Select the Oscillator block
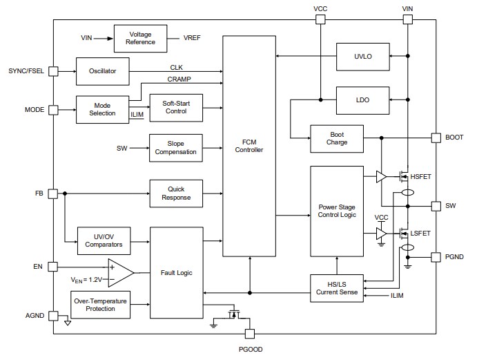101,71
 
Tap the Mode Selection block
101,109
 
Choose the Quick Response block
176,193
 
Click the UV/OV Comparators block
104,240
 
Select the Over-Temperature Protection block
101,304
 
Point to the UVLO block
362,56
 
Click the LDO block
362,100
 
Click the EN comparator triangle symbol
119,272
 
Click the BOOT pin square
436,138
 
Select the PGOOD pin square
249,334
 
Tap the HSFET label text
420,178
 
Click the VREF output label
193,37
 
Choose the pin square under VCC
320,19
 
